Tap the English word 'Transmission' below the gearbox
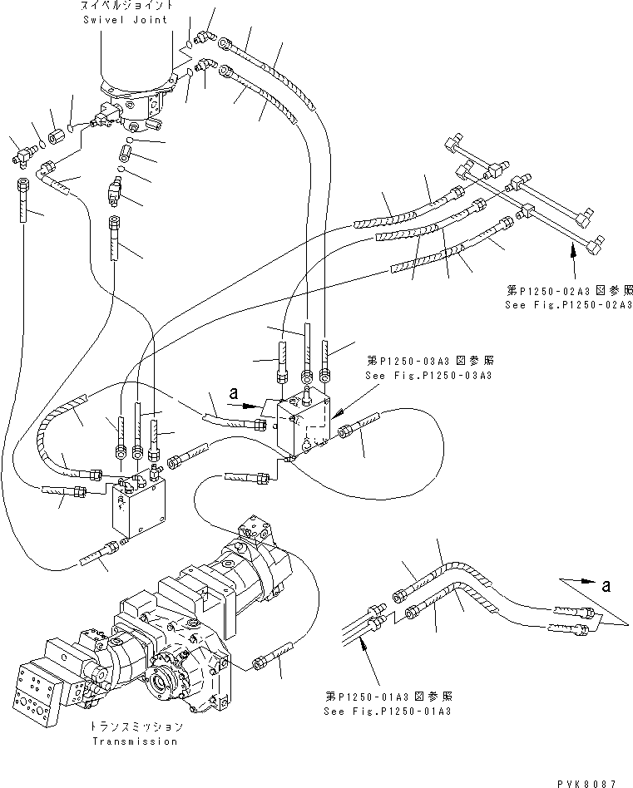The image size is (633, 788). click(x=135, y=741)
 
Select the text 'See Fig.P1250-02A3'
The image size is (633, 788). click(x=569, y=305)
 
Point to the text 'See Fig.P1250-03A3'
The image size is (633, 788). click(x=429, y=376)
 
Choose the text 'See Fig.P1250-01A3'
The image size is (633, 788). click(x=390, y=712)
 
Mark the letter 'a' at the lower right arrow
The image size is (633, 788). click(x=606, y=586)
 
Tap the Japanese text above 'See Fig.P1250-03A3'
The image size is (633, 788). click(x=429, y=362)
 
